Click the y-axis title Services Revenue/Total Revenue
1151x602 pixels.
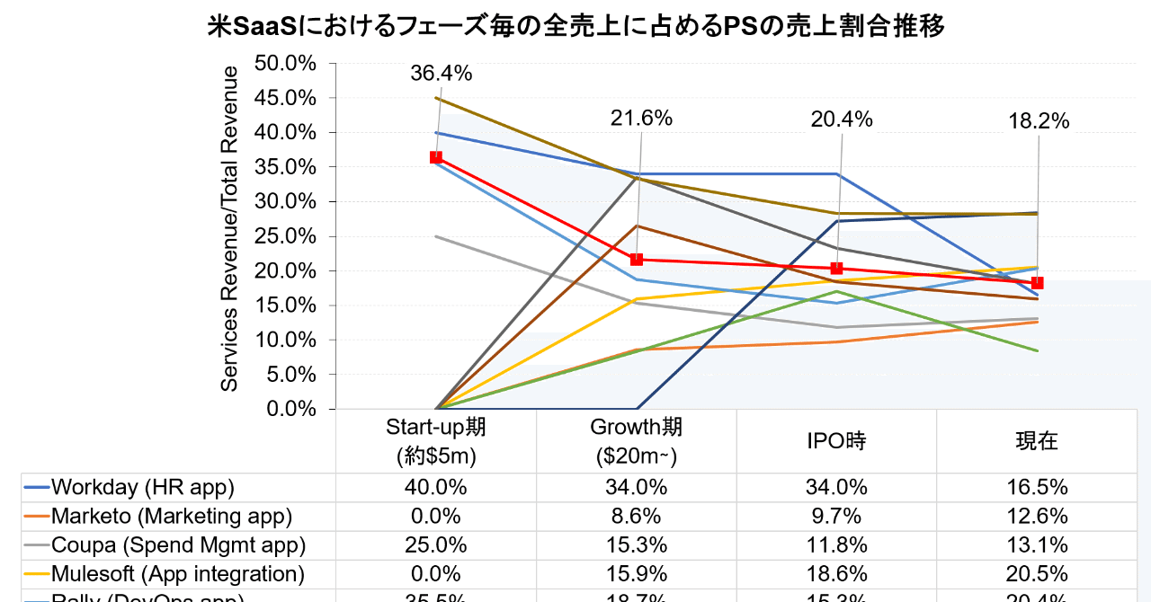tap(230, 228)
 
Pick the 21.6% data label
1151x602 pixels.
tap(641, 119)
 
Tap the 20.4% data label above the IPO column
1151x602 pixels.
tap(842, 119)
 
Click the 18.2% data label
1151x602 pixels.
tap(1039, 121)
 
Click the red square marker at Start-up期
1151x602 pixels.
tap(436, 157)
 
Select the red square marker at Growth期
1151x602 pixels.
tap(637, 260)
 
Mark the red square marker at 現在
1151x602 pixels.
tap(1038, 283)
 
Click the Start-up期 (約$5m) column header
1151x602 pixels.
tap(436, 440)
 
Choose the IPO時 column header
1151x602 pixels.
tap(836, 440)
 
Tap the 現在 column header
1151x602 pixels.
tap(1037, 440)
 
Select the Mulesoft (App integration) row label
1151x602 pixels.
tap(177, 573)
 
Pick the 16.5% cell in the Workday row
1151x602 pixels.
tap(1037, 488)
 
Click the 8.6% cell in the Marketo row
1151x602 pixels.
tap(636, 517)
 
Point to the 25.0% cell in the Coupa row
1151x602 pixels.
tap(436, 545)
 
